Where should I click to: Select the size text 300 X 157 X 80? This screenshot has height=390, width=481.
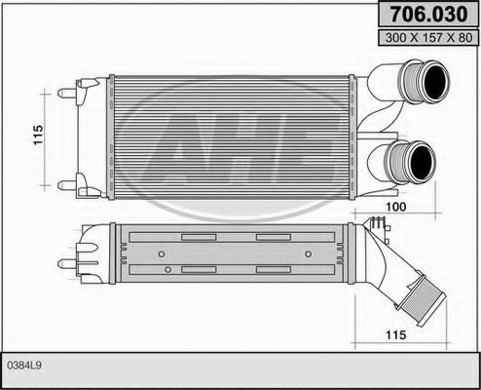tap(425, 38)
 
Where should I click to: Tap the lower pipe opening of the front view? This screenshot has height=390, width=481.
tap(421, 158)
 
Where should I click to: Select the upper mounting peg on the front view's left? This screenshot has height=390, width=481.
tap(68, 93)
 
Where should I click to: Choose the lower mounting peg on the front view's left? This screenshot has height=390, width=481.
tap(68, 182)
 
